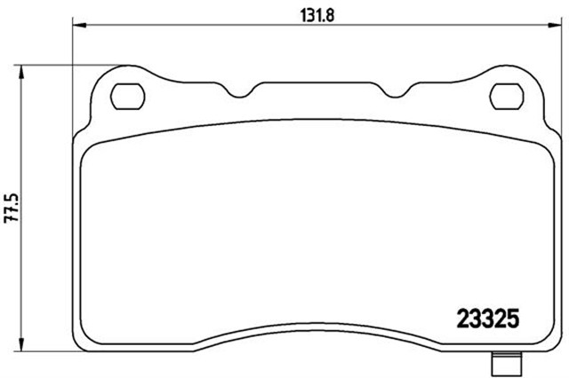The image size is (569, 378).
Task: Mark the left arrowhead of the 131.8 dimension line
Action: click(76, 27)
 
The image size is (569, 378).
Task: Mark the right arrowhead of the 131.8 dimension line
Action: click(558, 27)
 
